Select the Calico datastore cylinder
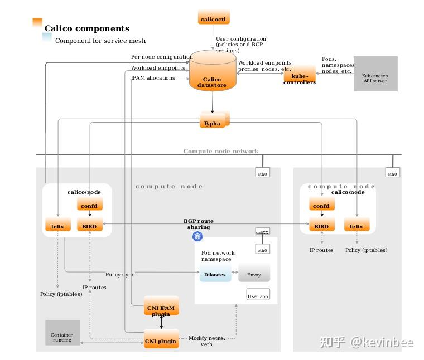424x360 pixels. [213, 73]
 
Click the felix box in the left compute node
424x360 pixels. [58, 226]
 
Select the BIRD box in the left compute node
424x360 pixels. [89, 226]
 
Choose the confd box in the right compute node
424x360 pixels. [321, 205]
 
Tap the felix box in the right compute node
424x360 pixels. [356, 226]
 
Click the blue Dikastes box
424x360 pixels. [215, 274]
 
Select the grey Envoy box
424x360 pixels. [254, 274]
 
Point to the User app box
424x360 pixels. [257, 294]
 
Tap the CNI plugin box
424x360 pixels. [161, 340]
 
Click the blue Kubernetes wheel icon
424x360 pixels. [197, 237]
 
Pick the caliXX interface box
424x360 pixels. [262, 231]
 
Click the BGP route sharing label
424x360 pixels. [199, 224]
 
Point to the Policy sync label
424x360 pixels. [119, 275]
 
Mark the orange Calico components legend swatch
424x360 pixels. [37, 22]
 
